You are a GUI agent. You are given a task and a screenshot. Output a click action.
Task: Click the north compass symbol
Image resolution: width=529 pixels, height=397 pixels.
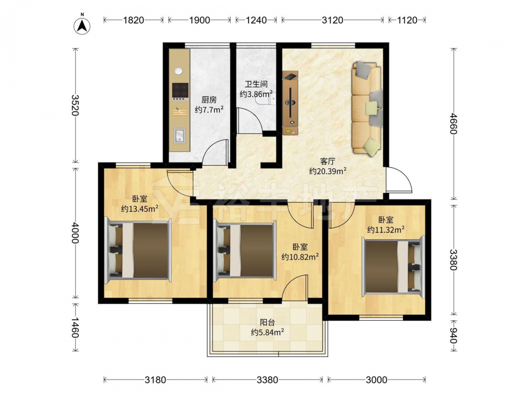(82, 24)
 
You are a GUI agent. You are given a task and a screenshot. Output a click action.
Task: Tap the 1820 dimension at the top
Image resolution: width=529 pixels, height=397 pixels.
(134, 20)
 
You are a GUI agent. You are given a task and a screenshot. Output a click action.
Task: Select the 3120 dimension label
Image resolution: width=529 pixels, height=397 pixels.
(332, 20)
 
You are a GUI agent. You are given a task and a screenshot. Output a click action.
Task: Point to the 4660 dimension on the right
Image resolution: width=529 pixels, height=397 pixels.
(454, 124)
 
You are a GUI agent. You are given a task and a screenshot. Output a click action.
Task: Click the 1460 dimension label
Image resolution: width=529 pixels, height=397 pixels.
(75, 328)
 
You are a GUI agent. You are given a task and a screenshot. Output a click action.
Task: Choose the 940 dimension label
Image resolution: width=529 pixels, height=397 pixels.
(454, 336)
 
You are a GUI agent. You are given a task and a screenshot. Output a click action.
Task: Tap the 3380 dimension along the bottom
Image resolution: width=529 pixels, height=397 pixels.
(268, 380)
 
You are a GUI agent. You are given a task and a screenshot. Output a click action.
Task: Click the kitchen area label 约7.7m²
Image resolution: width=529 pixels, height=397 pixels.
(209, 110)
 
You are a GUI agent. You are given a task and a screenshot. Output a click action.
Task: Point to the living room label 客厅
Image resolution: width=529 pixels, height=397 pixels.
(327, 161)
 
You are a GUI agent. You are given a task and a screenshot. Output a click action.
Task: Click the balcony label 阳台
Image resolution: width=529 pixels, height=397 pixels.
(267, 323)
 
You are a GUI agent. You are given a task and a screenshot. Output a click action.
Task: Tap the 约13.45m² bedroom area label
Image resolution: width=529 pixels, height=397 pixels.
(140, 209)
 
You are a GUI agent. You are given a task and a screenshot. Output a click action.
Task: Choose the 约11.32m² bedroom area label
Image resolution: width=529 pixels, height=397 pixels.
(386, 230)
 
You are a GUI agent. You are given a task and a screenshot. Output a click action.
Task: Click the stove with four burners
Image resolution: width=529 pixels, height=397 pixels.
(180, 92)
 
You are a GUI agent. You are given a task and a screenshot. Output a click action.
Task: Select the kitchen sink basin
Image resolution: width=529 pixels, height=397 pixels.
(179, 136)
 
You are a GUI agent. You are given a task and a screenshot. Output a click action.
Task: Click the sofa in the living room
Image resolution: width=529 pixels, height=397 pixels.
(367, 109)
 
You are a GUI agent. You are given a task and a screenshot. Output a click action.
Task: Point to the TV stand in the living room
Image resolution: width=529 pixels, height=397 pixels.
(290, 103)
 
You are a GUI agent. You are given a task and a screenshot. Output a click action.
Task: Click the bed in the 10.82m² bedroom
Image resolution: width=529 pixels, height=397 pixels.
(245, 250)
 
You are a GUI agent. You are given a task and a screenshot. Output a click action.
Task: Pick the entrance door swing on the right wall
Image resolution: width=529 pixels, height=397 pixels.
(399, 180)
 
